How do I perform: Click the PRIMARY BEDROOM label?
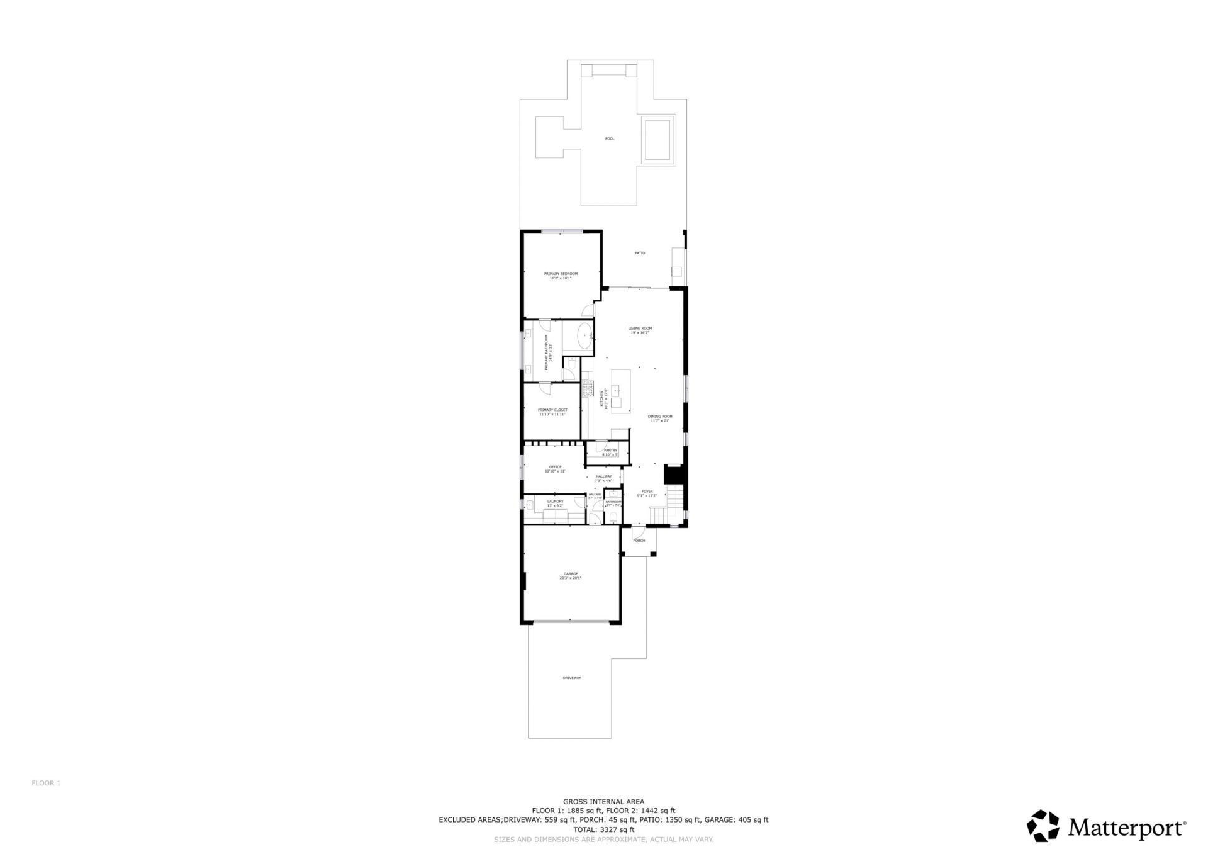tap(561, 274)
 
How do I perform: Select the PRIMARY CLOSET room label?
tap(552, 410)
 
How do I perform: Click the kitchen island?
tap(620, 391)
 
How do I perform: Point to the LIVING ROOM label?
tap(640, 329)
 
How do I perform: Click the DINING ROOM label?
tap(660, 417)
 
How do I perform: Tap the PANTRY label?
tap(610, 451)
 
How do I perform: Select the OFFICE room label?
tap(555, 468)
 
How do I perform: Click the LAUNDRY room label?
tap(555, 502)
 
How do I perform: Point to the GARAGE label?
tap(571, 574)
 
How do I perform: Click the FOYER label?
tap(647, 492)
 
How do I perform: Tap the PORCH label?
tap(639, 541)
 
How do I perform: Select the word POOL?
tap(609, 138)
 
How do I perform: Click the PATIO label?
tap(639, 253)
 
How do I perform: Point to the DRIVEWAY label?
tap(571, 678)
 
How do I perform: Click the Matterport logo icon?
tap(1043, 826)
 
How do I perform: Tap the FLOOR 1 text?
tap(46, 784)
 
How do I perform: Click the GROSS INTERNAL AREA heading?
tap(603, 802)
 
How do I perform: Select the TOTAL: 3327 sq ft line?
tap(603, 829)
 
